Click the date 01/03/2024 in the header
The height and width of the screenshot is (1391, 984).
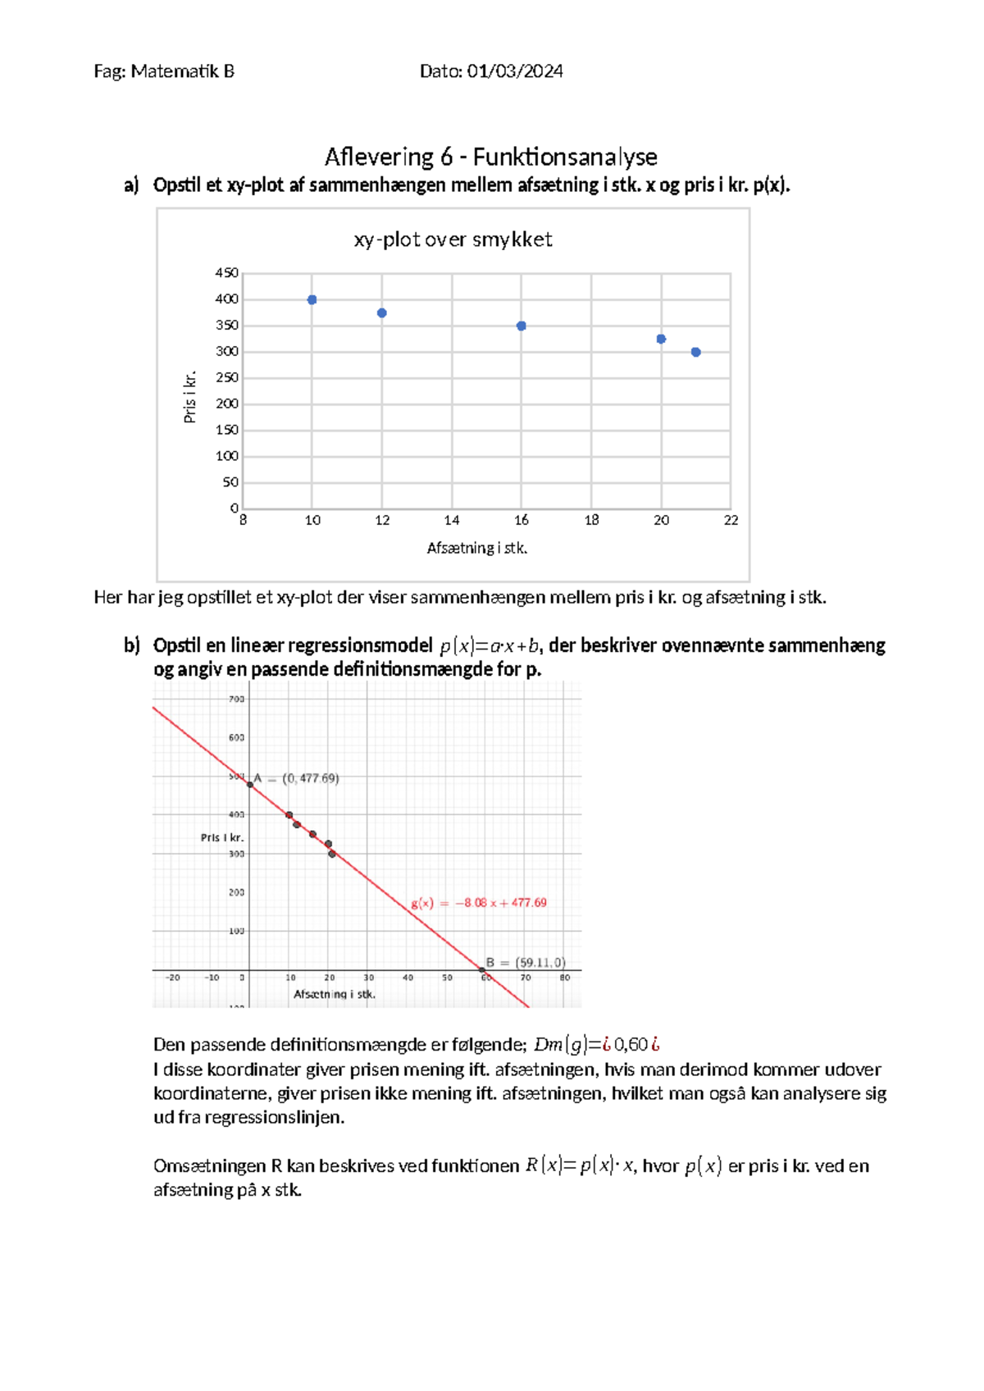click(515, 71)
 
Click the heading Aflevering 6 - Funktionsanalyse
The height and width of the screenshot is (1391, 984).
click(490, 157)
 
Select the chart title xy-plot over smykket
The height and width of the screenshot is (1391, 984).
click(453, 239)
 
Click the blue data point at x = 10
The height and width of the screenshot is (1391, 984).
click(312, 300)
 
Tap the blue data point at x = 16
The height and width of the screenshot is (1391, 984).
click(522, 326)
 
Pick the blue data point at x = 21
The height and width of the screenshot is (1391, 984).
click(696, 353)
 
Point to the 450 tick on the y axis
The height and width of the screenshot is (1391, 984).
click(226, 273)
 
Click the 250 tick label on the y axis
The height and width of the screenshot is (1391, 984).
click(226, 378)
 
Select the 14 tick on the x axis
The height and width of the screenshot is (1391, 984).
click(452, 520)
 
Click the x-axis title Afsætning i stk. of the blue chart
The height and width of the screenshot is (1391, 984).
click(476, 548)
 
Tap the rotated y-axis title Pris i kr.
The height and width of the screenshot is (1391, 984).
click(190, 398)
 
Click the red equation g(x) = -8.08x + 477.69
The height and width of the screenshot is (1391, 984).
click(479, 903)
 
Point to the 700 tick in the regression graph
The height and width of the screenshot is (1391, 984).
click(236, 700)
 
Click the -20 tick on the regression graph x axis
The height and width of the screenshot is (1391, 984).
click(173, 978)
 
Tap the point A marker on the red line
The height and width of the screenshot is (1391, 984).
click(251, 785)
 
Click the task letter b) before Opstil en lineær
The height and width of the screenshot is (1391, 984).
click(132, 645)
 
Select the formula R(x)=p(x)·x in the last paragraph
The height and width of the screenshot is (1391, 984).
click(580, 1165)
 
